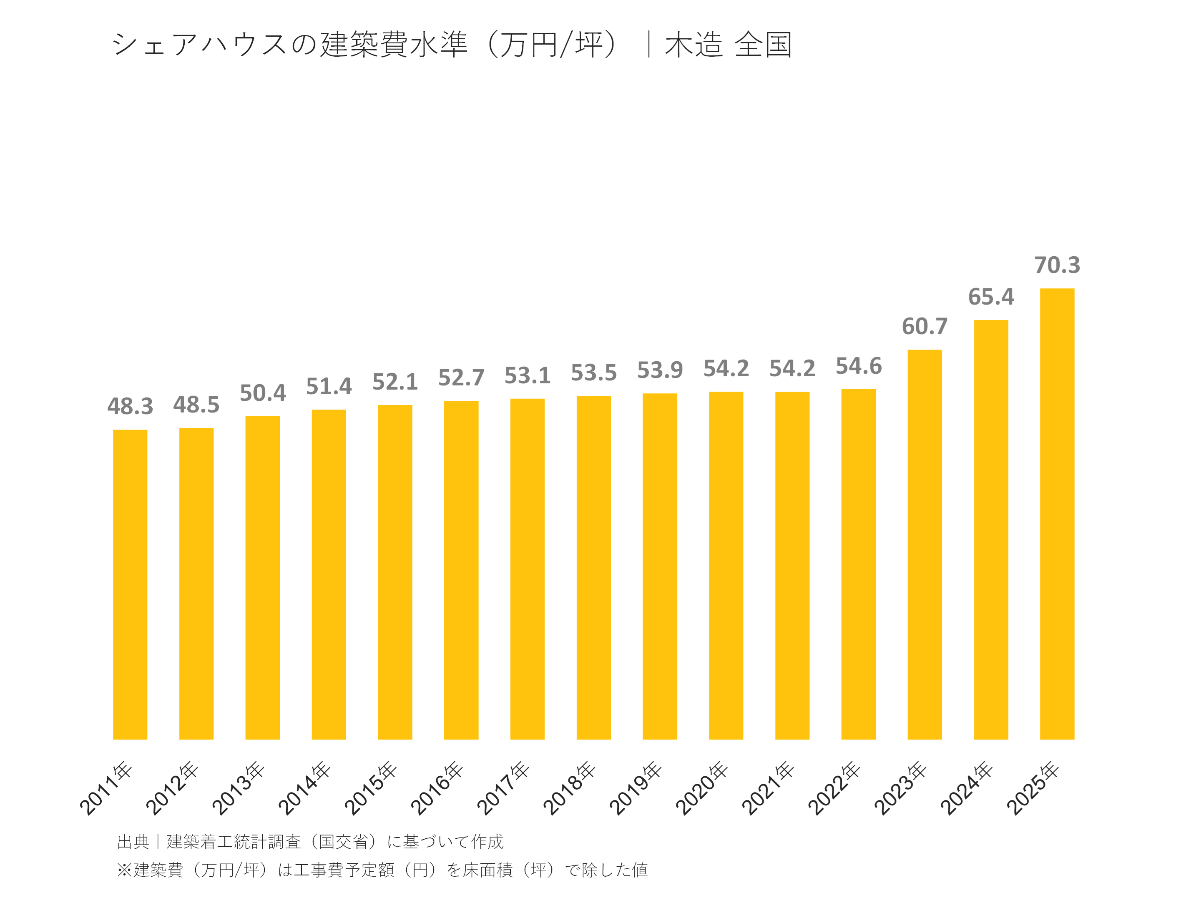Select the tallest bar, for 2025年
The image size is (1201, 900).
click(1057, 514)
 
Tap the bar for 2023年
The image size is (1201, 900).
click(924, 544)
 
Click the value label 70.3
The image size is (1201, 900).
click(1057, 265)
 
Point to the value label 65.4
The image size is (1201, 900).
click(990, 297)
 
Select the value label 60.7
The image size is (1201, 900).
click(924, 327)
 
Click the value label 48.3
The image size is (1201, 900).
click(130, 406)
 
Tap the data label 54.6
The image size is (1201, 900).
click(858, 366)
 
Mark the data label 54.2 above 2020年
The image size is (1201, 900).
click(726, 369)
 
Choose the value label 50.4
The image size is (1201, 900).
click(262, 393)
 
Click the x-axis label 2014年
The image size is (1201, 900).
click(304, 788)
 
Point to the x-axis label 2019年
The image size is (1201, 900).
click(635, 788)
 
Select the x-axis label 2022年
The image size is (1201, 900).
click(834, 788)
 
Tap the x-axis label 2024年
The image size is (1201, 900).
click(967, 788)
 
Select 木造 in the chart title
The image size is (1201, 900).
click(693, 45)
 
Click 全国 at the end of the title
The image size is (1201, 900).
click(763, 45)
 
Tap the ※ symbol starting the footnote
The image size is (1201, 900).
click(124, 870)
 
